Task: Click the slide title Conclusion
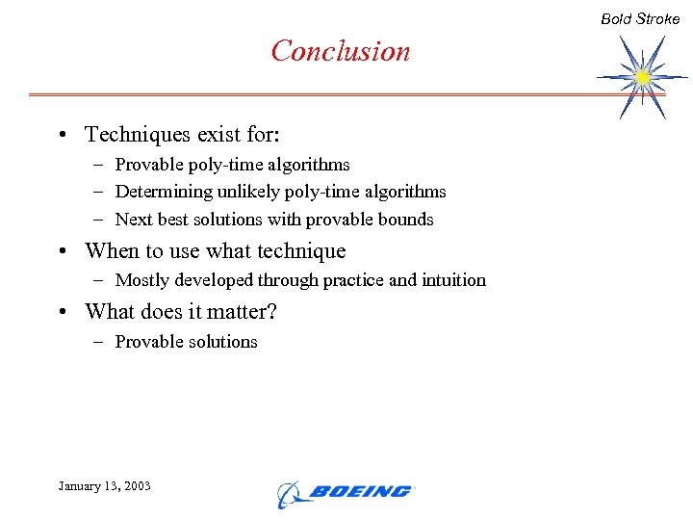[341, 51]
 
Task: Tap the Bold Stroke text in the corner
[640, 18]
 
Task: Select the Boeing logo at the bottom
[345, 492]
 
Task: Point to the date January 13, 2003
[104, 485]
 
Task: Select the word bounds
[408, 220]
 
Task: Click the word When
[113, 251]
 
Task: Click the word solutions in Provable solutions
[223, 342]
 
